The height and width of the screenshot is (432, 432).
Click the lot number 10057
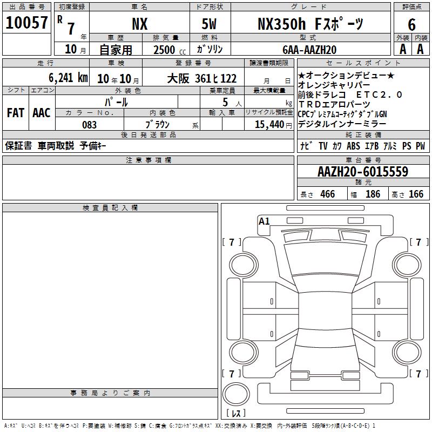click(x=26, y=23)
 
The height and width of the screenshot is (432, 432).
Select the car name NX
click(x=140, y=24)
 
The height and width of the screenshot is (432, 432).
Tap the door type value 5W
click(x=209, y=24)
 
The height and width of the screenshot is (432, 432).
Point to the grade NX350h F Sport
click(x=310, y=24)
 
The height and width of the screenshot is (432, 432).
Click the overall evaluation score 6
click(x=411, y=25)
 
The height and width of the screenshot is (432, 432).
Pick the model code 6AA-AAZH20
click(x=309, y=50)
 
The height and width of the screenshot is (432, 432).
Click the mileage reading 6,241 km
click(x=69, y=78)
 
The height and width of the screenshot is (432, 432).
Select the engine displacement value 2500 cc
click(x=170, y=50)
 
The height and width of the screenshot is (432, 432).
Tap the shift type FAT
click(x=16, y=113)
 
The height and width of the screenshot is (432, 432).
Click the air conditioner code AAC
click(x=42, y=113)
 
